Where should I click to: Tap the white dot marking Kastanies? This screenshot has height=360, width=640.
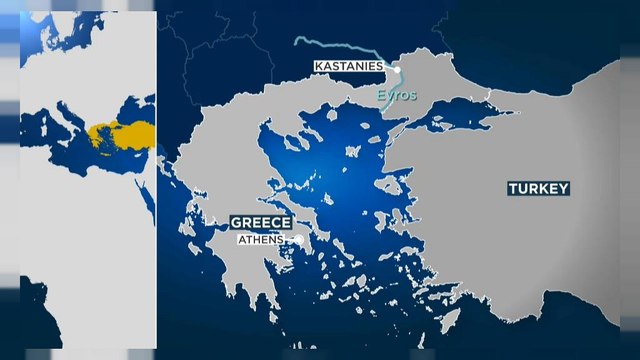coord(396,68)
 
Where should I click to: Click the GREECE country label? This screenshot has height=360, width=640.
coord(260,222)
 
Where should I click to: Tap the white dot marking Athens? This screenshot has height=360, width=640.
coord(298,240)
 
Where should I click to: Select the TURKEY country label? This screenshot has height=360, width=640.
coord(538,188)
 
